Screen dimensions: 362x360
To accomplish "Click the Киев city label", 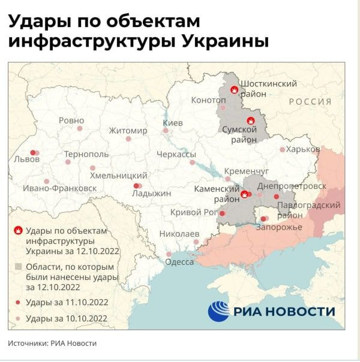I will click(x=173, y=123).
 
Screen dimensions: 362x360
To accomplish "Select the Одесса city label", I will click(x=180, y=262).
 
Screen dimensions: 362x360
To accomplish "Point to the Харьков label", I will click(x=303, y=149).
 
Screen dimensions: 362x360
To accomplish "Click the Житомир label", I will click(x=128, y=131).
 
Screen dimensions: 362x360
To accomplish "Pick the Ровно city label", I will click(x=71, y=120).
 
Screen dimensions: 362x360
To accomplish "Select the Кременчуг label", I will click(x=246, y=171).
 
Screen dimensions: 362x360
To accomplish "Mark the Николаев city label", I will click(x=179, y=233).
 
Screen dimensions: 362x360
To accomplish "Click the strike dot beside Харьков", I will click(x=283, y=149).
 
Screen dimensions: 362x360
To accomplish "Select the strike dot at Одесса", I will click(x=169, y=254).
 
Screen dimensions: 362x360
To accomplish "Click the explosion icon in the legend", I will click(x=19, y=231).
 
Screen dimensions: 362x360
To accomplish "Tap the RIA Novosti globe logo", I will click(x=219, y=311).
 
